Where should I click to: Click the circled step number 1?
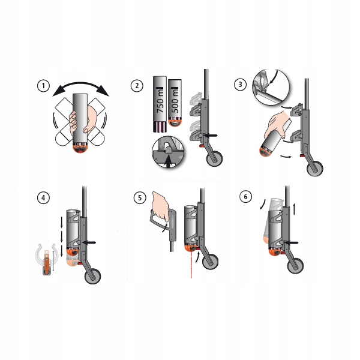pos(43,86)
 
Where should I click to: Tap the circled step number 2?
pos(137,86)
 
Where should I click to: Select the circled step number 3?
pos(240,84)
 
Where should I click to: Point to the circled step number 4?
pos(43,197)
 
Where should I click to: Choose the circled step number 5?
pos(140,197)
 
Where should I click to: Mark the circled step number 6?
pos(245,197)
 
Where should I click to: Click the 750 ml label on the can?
pos(160,100)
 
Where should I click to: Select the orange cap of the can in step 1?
pos(80,148)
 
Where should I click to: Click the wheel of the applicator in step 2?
pos(214,159)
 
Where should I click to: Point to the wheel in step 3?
pos(315,169)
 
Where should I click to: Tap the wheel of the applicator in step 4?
pos(93,276)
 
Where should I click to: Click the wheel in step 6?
pos(295,266)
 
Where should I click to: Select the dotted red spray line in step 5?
pos(191,265)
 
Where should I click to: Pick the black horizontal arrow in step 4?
pos(89,242)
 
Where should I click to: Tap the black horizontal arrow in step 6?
pos(291,242)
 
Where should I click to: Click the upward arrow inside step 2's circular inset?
pos(169,161)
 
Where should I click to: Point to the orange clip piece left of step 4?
pos(47,261)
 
